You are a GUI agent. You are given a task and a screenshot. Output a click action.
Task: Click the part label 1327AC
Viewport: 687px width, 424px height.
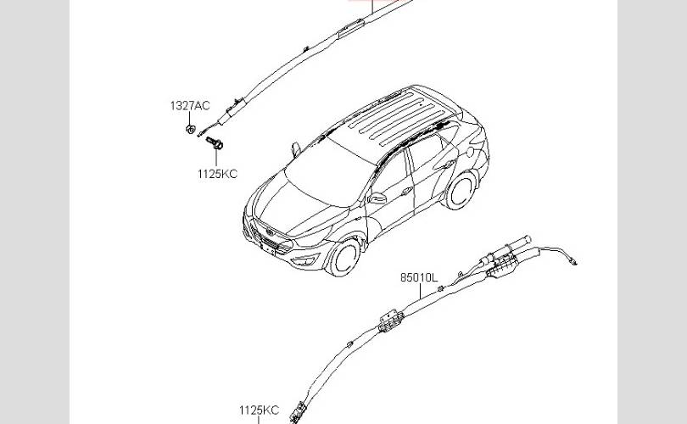190,105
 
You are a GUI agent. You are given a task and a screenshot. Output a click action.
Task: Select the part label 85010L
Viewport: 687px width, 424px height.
419,277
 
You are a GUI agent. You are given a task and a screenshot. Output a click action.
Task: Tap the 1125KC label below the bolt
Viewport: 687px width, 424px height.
217,174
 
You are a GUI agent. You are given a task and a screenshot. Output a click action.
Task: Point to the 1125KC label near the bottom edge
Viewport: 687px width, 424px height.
259,410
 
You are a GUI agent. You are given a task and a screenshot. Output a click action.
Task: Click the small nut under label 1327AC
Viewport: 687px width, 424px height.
190,130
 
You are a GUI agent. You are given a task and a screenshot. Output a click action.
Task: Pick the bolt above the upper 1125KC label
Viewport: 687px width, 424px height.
215,142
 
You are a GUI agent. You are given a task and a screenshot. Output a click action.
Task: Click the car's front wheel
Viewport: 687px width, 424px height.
345,258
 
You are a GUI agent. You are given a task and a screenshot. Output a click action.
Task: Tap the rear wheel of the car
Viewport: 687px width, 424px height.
461,191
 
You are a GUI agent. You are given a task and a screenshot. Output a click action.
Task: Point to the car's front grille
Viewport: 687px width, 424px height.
268,239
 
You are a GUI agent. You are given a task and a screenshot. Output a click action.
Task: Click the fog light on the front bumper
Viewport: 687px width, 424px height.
304,260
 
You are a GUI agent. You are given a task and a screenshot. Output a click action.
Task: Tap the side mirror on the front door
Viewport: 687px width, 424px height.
377,198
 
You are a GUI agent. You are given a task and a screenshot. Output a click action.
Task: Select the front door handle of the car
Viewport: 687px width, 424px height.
407,191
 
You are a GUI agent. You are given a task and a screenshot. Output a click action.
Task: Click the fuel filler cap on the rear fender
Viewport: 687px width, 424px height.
470,152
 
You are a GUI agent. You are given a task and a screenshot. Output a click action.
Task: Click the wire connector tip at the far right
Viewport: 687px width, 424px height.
574,262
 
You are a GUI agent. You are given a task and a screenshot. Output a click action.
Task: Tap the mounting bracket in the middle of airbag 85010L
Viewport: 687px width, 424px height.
390,321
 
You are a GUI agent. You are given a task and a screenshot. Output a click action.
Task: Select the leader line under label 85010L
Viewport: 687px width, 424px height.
420,291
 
